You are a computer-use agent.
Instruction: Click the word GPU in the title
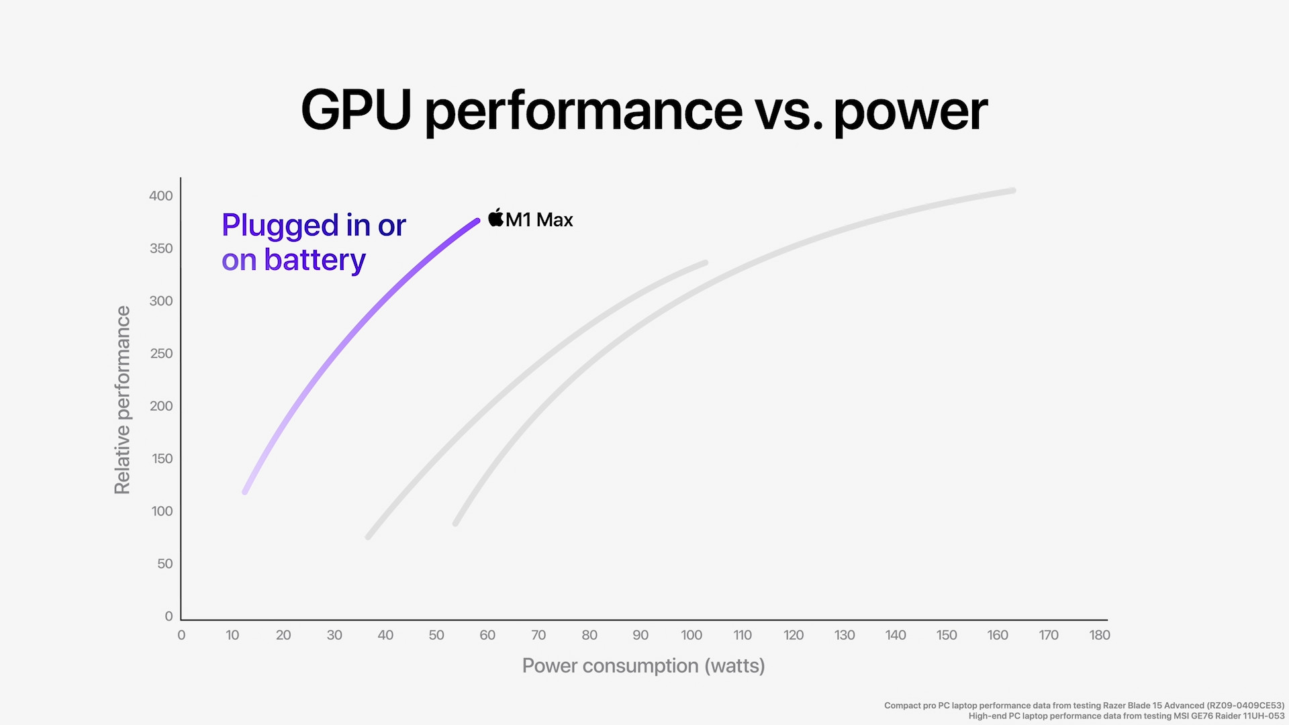(356, 111)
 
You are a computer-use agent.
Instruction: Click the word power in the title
(910, 113)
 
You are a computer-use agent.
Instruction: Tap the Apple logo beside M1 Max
(496, 218)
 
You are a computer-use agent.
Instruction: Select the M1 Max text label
(539, 220)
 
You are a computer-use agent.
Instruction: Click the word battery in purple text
(315, 260)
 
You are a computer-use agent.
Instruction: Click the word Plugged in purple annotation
(280, 226)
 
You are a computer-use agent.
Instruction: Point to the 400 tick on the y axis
(161, 196)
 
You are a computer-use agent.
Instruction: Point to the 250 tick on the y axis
(161, 354)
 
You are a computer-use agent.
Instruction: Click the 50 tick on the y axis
(165, 564)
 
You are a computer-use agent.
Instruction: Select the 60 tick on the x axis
(487, 635)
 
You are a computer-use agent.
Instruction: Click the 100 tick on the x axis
(691, 635)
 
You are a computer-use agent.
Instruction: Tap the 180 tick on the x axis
(1100, 635)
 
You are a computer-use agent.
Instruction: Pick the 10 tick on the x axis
(232, 635)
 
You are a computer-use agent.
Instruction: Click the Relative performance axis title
(122, 400)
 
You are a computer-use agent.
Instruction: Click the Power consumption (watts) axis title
(643, 666)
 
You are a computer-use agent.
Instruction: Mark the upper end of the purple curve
(477, 221)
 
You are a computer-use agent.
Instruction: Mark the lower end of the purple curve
(246, 491)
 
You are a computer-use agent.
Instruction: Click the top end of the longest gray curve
(1012, 191)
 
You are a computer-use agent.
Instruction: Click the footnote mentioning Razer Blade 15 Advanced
(1084, 706)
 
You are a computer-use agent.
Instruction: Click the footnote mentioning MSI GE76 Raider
(1126, 716)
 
